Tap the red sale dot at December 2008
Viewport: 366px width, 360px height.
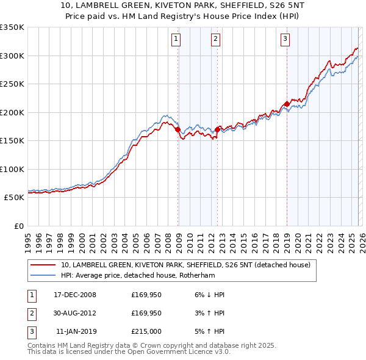pos(178,129)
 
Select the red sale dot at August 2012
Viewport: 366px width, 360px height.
pos(217,129)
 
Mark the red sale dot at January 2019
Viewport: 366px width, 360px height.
pos(286,104)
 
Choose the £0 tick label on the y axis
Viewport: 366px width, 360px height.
pos(18,226)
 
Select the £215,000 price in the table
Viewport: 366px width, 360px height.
pos(146,332)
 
